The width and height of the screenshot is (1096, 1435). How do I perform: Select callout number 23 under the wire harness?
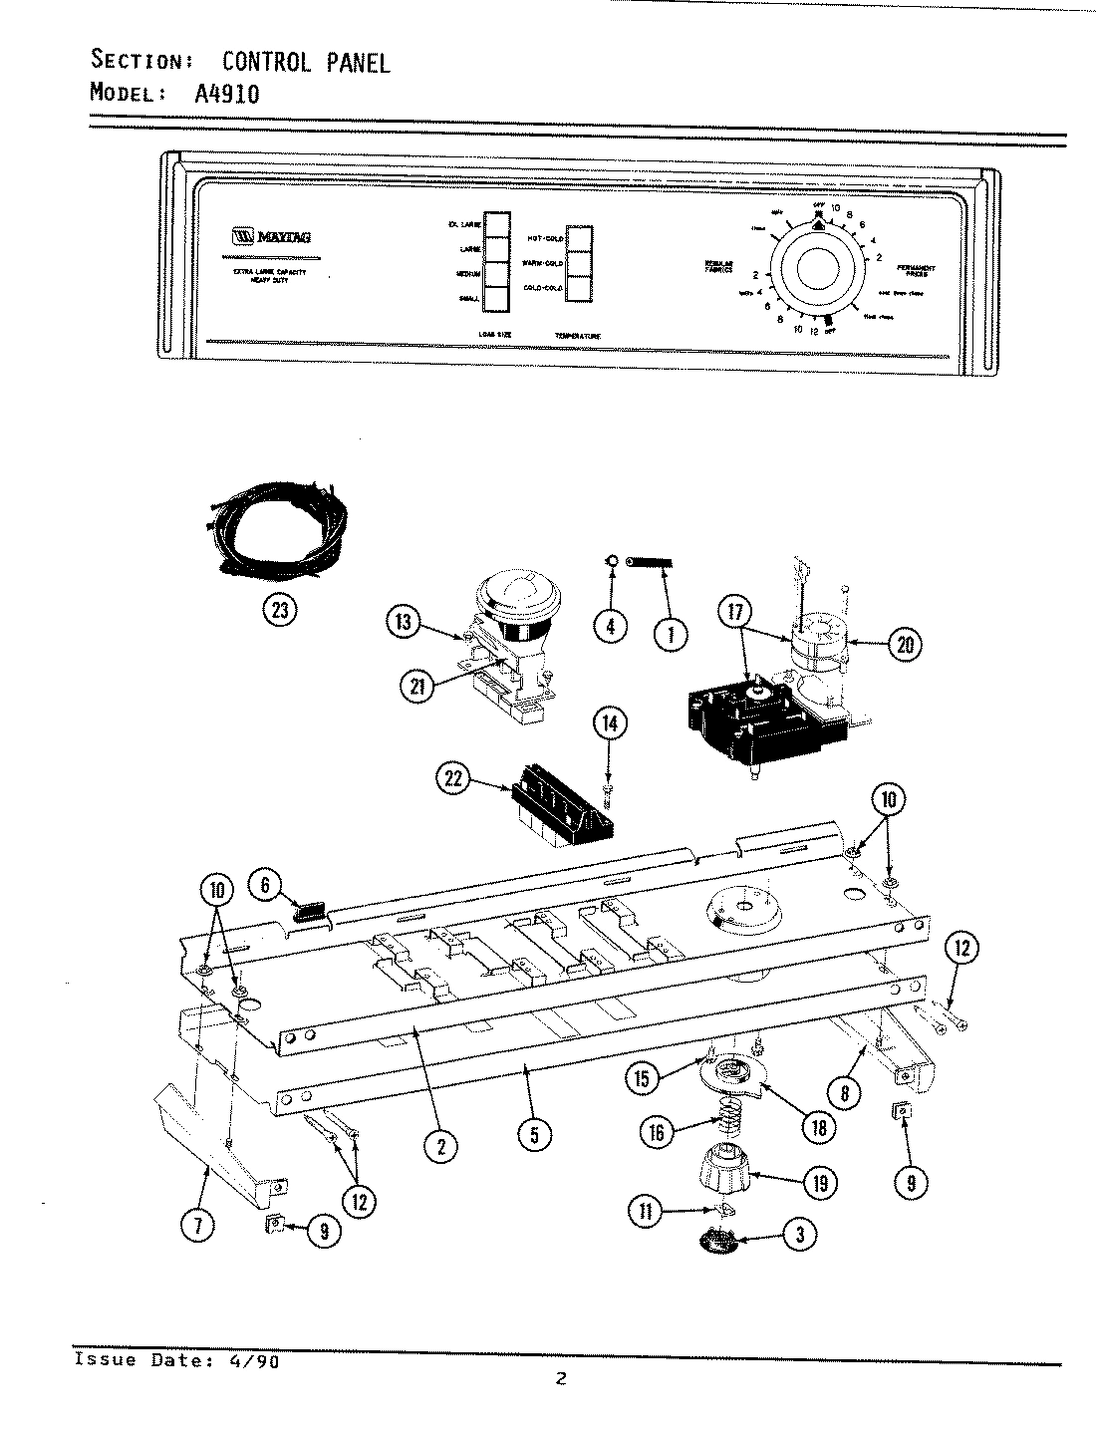click(280, 609)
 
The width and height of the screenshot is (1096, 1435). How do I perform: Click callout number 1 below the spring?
click(671, 630)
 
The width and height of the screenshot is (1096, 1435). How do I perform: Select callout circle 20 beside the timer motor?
click(904, 645)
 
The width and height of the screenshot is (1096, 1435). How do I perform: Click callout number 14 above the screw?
click(611, 724)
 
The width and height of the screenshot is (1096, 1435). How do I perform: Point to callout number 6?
click(265, 882)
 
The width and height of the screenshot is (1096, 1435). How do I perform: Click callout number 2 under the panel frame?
click(439, 1146)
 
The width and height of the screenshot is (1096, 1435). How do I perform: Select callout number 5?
click(535, 1134)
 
